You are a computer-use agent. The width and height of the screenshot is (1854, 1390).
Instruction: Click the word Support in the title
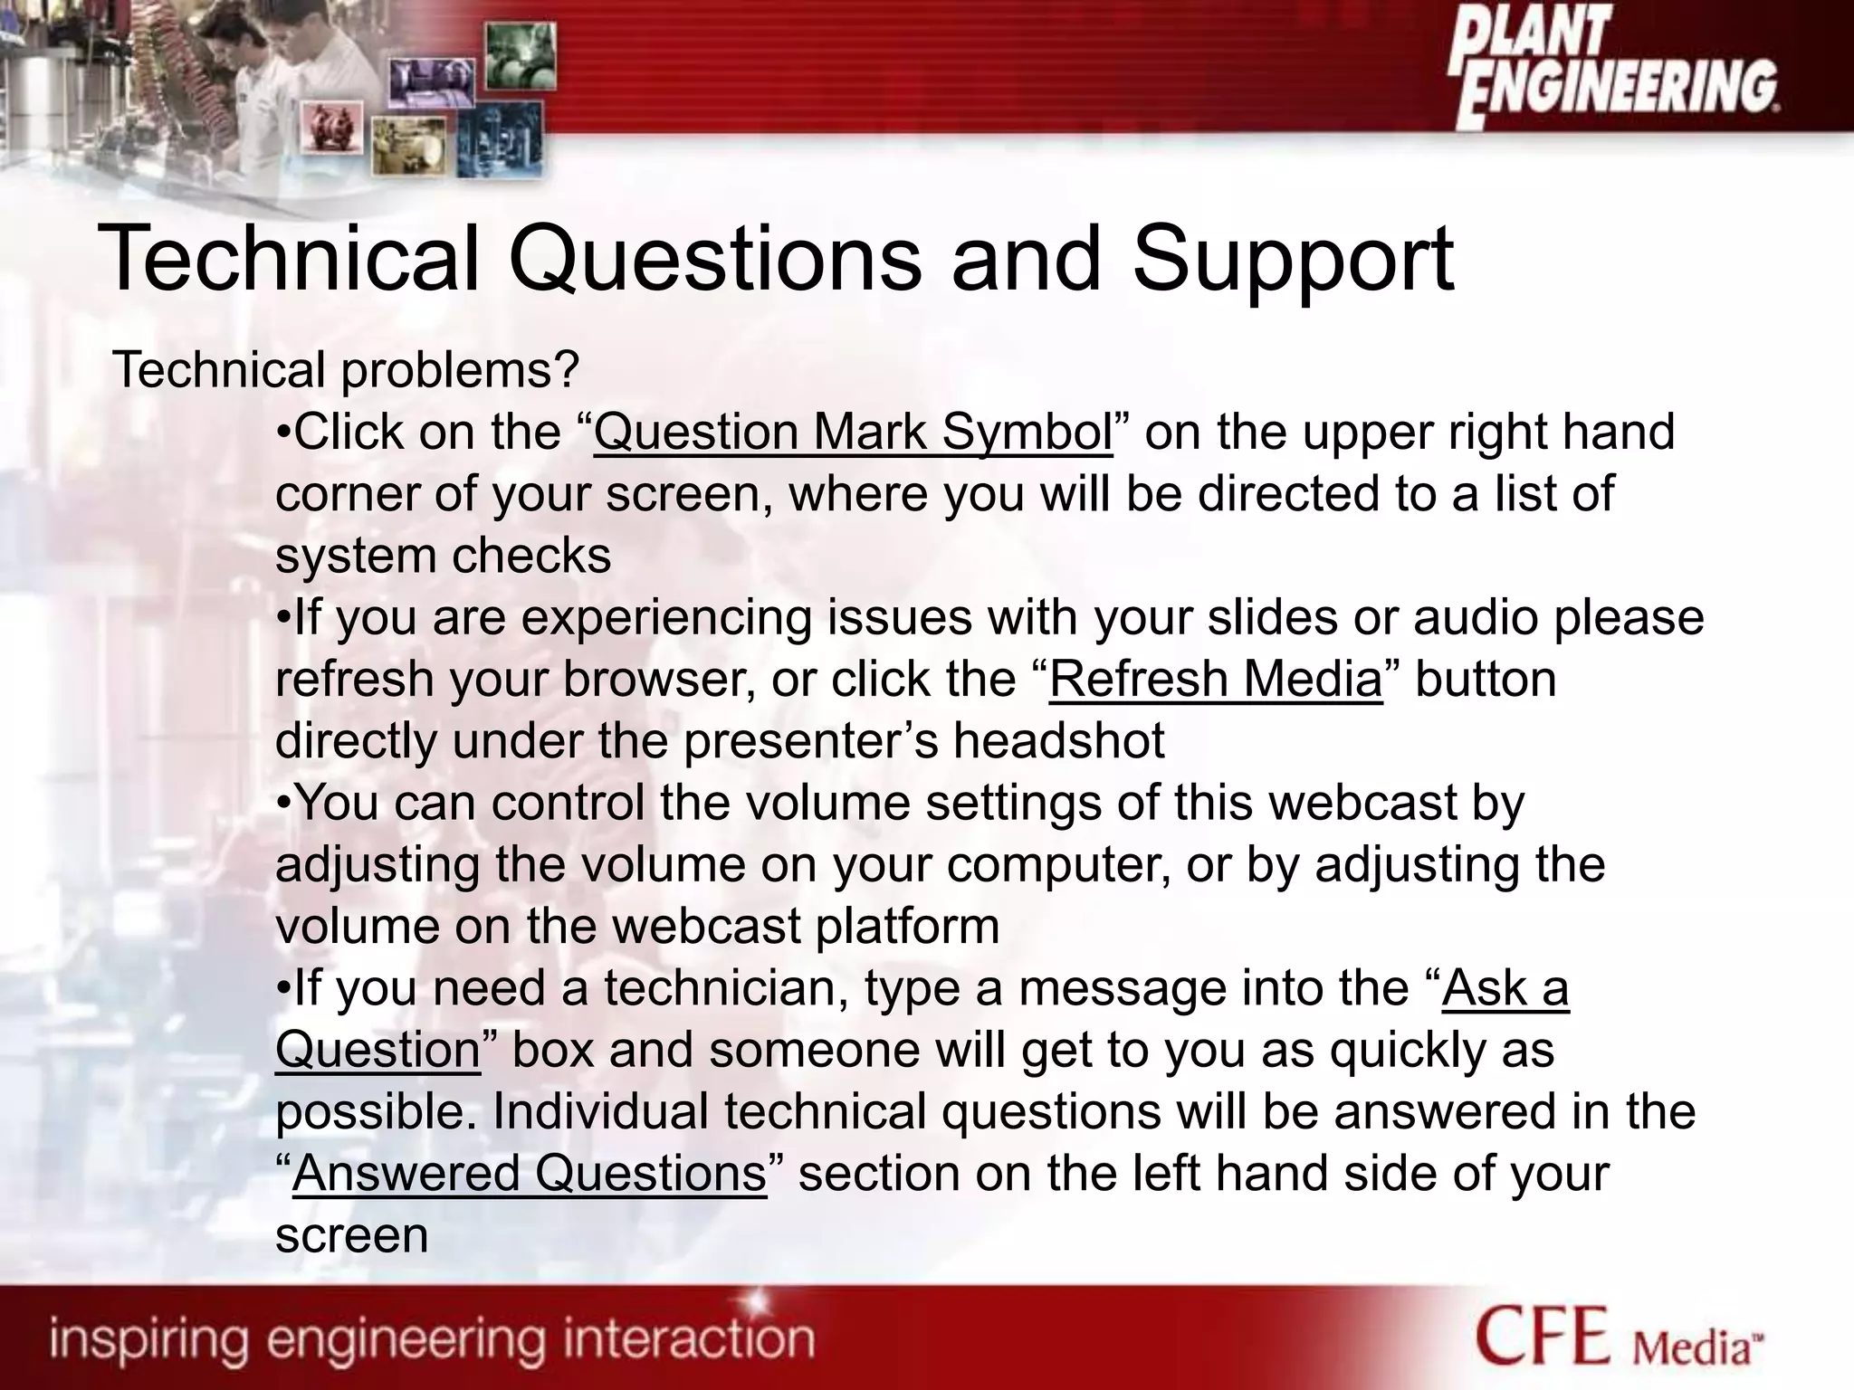[x=1294, y=261]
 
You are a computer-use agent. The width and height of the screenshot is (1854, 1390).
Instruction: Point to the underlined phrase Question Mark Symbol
[x=853, y=432]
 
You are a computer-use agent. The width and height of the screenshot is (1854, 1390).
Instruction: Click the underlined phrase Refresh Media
[x=1216, y=679]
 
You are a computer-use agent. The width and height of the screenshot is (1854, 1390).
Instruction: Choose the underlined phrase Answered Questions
[x=530, y=1174]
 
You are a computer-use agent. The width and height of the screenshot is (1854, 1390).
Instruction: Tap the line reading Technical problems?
[x=345, y=369]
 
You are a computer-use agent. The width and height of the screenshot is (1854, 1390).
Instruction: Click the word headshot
[x=1058, y=741]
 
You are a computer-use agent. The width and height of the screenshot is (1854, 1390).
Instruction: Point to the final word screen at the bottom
[x=351, y=1236]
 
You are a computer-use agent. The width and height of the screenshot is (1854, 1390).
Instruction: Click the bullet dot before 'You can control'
[x=283, y=804]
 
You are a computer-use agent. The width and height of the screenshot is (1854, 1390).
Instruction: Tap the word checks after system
[x=533, y=556]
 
